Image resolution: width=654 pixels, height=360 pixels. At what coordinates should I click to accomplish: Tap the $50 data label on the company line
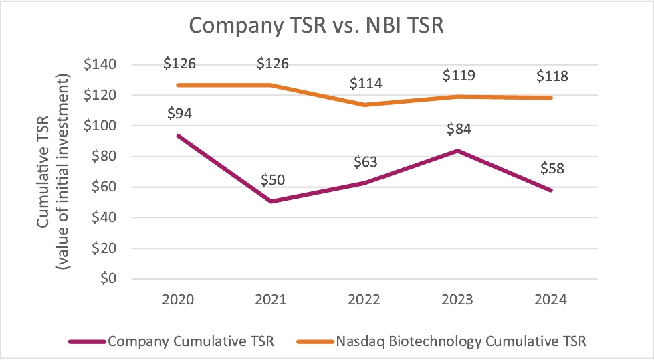click(272, 180)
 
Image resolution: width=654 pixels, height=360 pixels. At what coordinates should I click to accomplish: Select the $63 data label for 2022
click(366, 161)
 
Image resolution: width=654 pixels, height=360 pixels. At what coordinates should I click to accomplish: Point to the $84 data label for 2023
click(459, 128)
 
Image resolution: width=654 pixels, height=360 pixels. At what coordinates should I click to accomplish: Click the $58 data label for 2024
click(552, 168)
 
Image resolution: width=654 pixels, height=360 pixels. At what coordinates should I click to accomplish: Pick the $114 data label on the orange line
click(366, 84)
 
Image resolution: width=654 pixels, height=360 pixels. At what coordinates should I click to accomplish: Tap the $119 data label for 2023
click(459, 75)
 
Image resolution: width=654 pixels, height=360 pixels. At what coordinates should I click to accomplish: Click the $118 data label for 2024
click(552, 76)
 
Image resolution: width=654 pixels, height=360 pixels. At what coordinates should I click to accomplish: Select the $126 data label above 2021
click(272, 64)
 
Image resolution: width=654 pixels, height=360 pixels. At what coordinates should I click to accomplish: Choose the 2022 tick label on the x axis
click(366, 300)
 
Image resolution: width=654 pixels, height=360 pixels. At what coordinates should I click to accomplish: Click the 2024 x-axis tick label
click(552, 300)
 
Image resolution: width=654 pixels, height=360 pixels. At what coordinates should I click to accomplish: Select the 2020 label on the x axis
click(178, 300)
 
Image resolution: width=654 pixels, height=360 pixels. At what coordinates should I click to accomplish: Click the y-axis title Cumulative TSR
click(43, 171)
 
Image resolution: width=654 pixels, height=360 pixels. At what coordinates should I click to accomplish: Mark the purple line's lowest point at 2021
click(272, 201)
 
